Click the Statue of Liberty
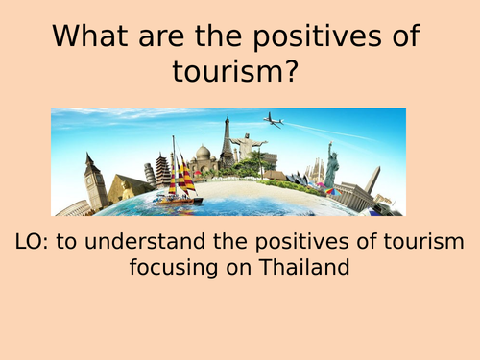point(331,165)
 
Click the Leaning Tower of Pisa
point(150,175)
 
